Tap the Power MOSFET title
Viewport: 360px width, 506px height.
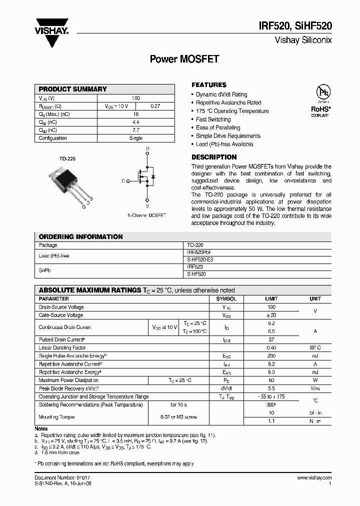pos(184,59)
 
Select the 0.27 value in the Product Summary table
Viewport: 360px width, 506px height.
pos(155,106)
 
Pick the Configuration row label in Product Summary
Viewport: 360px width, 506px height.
pos(52,138)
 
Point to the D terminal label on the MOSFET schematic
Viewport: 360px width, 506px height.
pos(147,149)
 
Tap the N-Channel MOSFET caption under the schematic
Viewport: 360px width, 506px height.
pos(146,215)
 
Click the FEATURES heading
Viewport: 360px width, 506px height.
pos(209,85)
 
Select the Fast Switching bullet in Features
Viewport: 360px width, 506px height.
pos(213,119)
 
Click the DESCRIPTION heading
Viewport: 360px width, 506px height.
pos(214,157)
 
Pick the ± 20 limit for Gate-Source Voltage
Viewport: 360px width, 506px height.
pos(271,315)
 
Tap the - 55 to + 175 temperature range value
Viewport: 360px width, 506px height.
pos(271,396)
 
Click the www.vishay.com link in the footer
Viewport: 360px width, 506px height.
pos(314,478)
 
